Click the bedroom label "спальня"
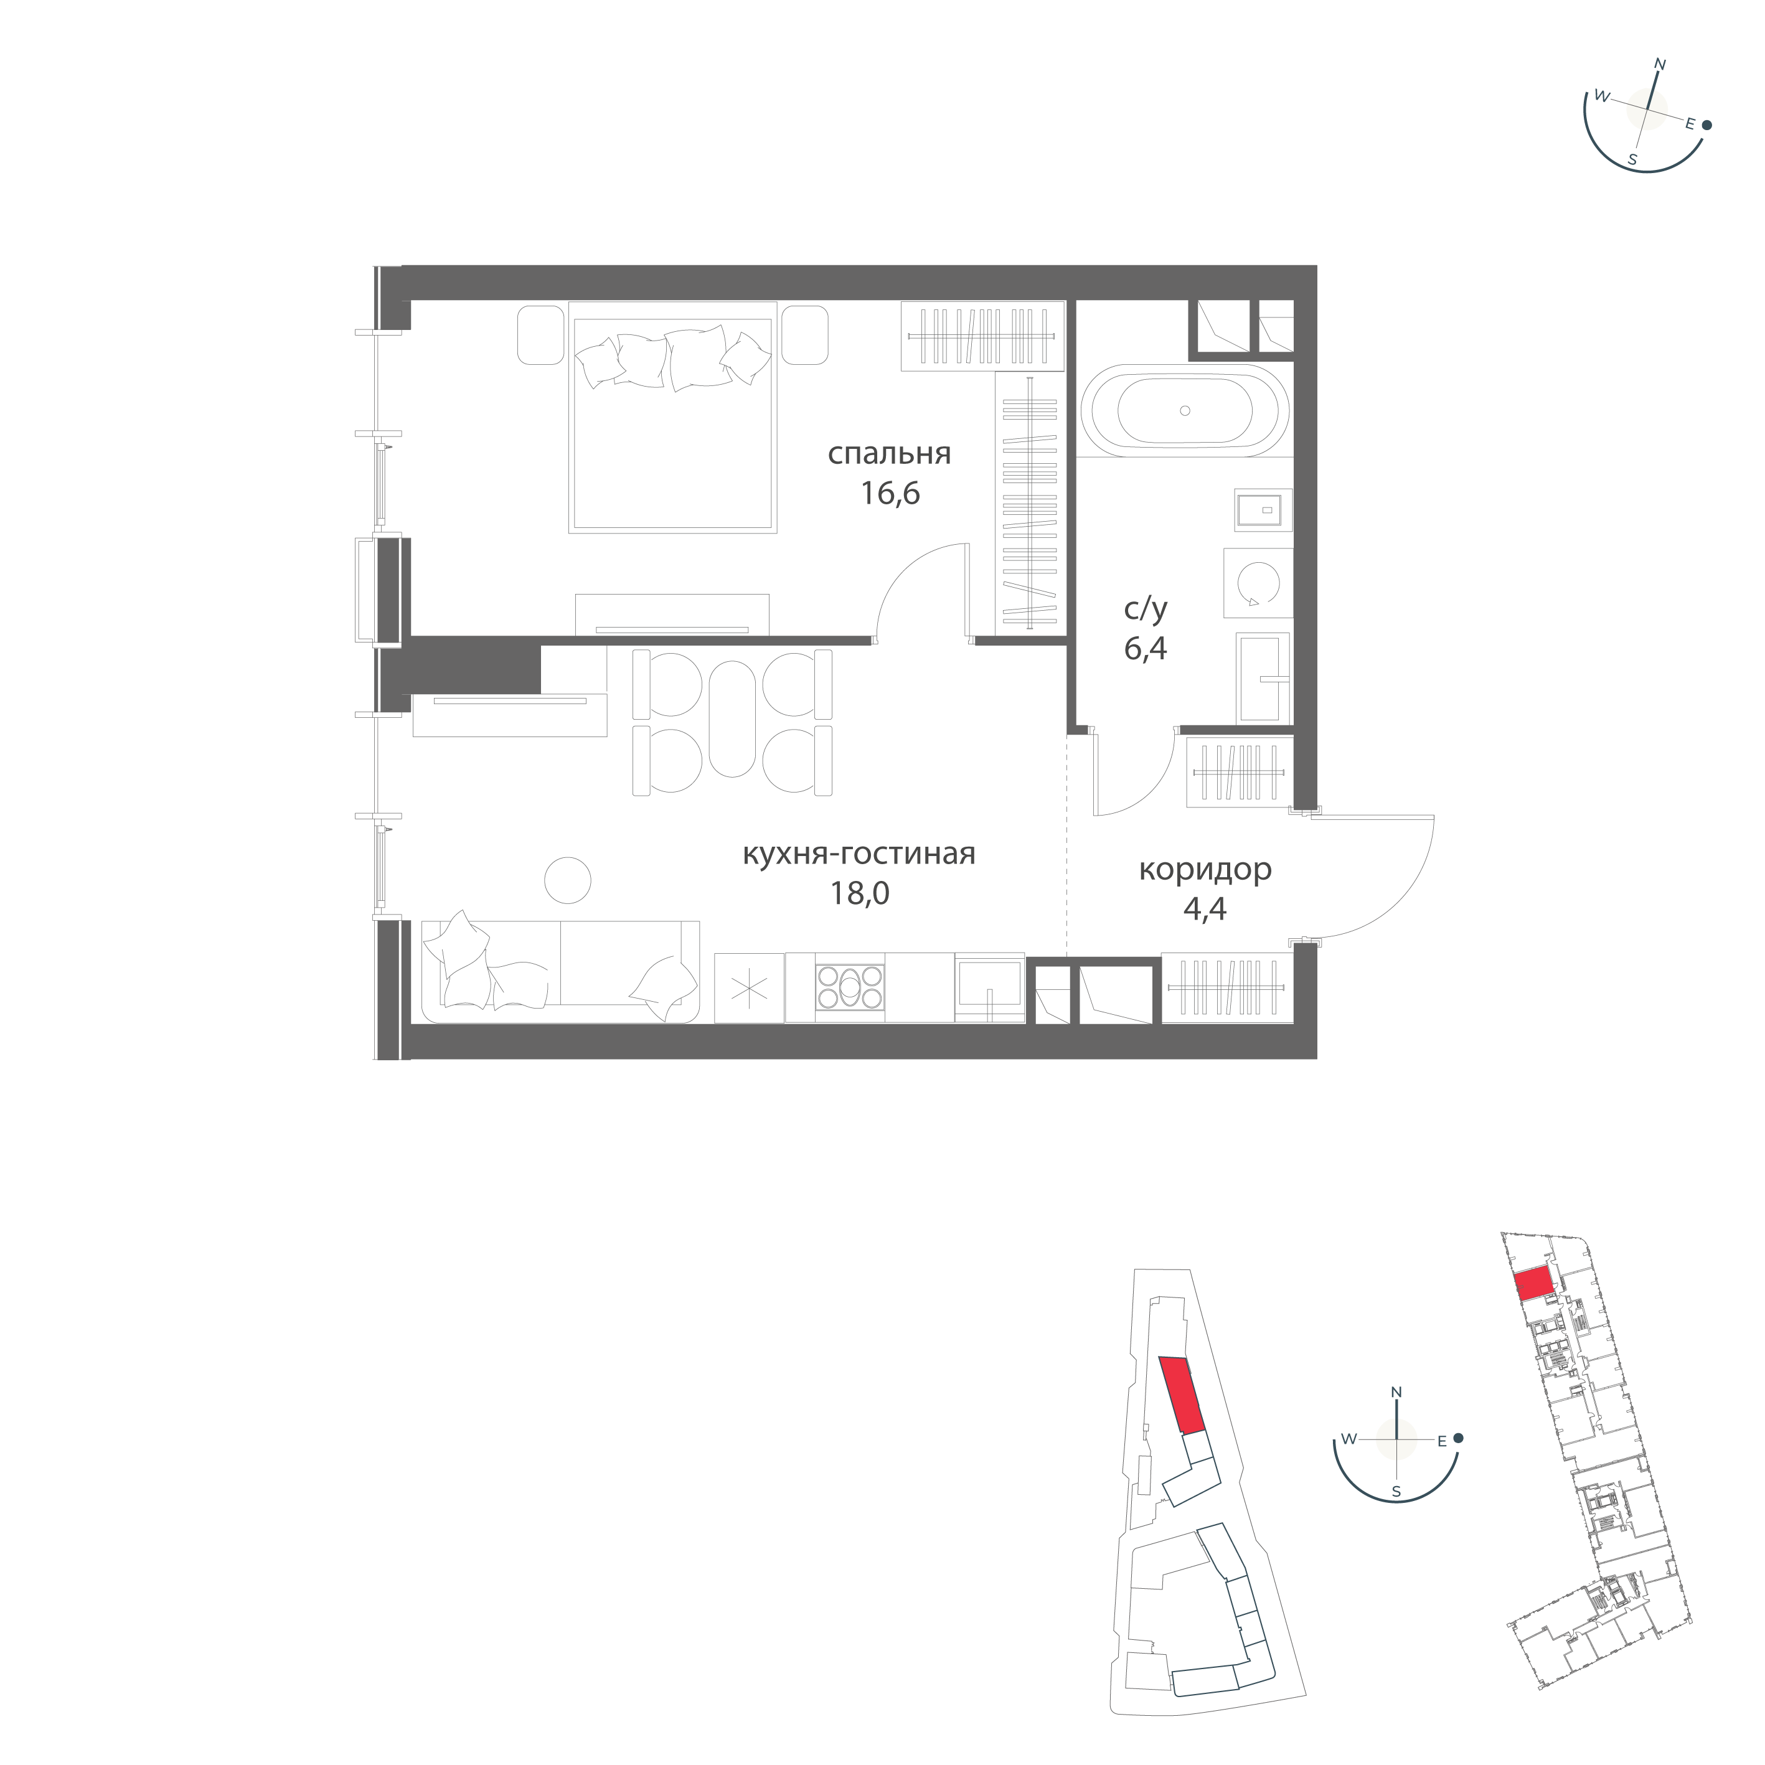[x=889, y=454]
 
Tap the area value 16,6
[x=889, y=494]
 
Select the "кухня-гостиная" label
[x=859, y=854]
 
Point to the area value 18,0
[x=859, y=893]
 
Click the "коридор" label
[x=1205, y=870]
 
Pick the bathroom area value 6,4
[x=1146, y=649]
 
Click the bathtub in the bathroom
[x=1185, y=411]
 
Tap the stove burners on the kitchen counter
[x=850, y=987]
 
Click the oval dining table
[x=733, y=718]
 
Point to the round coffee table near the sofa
[x=567, y=881]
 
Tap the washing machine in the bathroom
[x=1258, y=583]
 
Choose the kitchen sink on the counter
[x=989, y=987]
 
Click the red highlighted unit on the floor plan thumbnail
[x=1534, y=1284]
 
